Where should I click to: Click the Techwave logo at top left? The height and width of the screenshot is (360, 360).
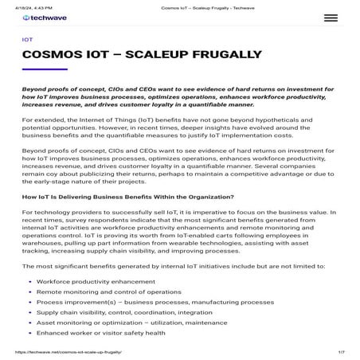pos(45,16)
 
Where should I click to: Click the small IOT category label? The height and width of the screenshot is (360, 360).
pos(28,38)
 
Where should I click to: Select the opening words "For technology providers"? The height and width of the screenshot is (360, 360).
pos(57,214)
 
